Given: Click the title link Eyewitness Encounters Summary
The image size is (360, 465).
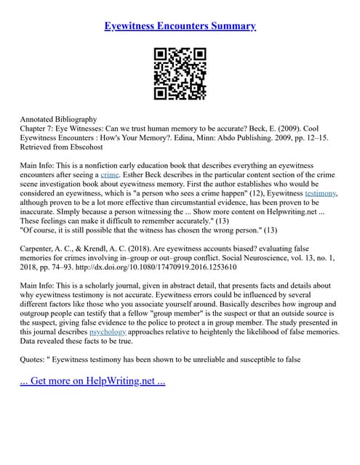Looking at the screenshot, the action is [x=180, y=26].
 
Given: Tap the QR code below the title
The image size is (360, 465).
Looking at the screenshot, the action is [x=180, y=73].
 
